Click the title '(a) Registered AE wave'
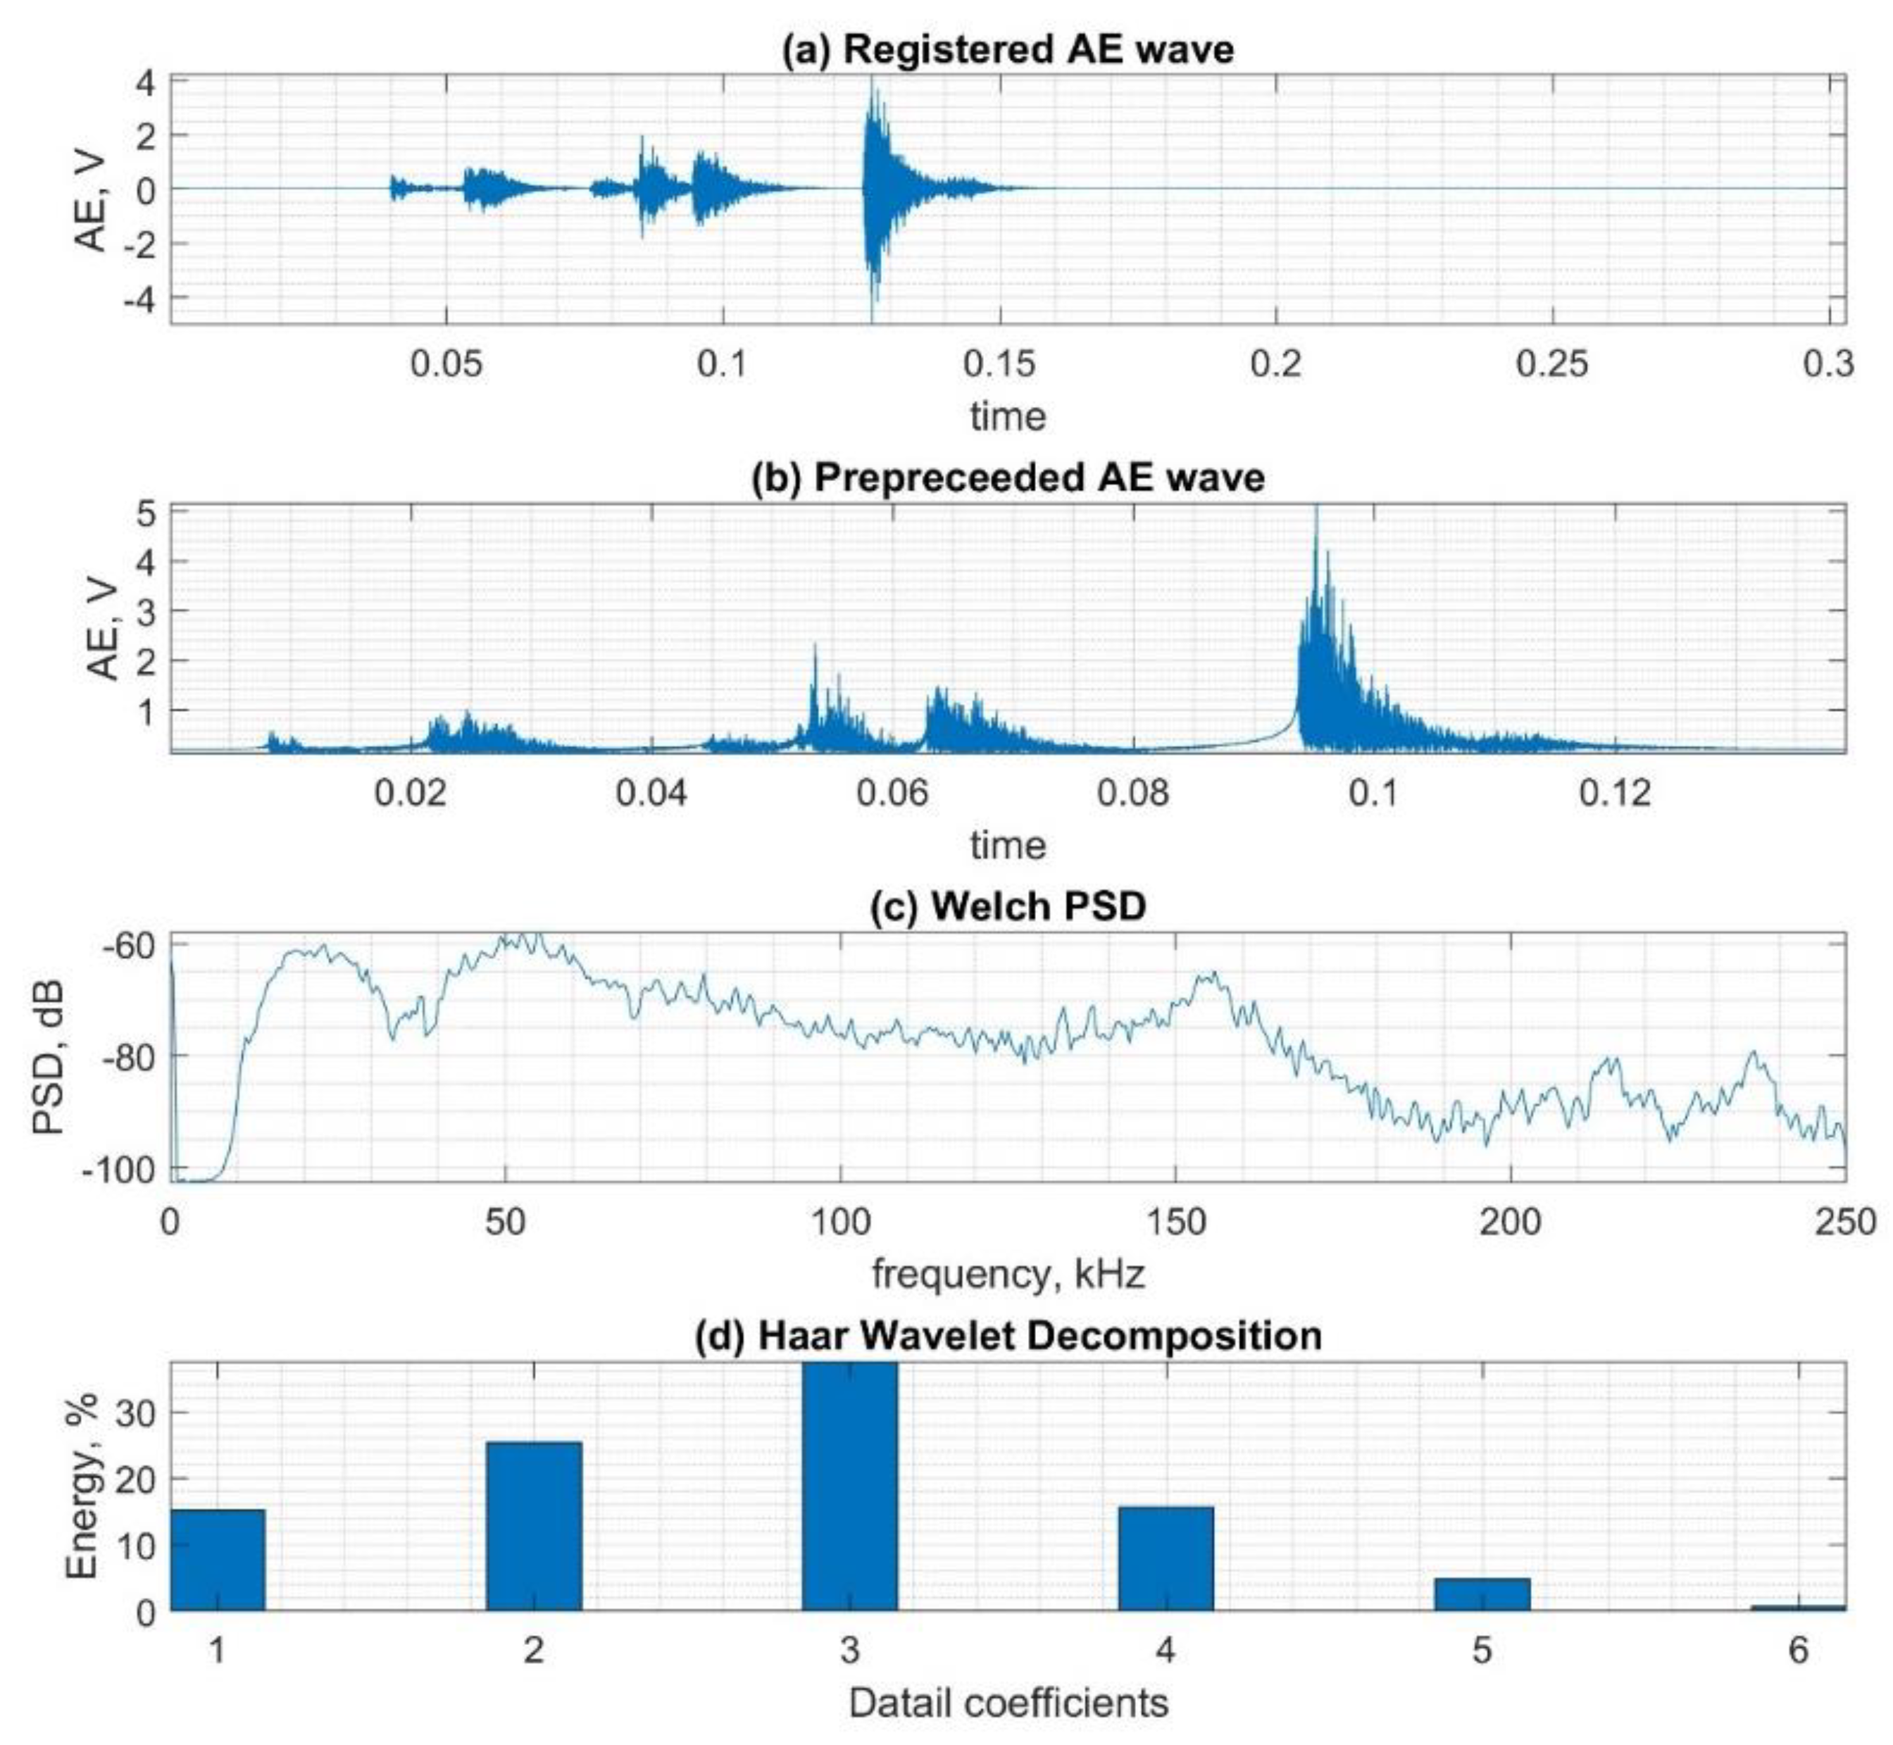pyautogui.click(x=1007, y=49)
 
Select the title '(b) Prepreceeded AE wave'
pyautogui.click(x=1007, y=477)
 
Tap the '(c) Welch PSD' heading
pyautogui.click(x=1007, y=906)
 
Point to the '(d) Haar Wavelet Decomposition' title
pyautogui.click(x=1007, y=1336)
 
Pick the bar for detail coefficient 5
pyautogui.click(x=1481, y=1595)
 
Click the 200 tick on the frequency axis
pyautogui.click(x=1510, y=1222)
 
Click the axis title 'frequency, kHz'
pyautogui.click(x=1007, y=1274)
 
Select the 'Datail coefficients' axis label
pyautogui.click(x=1007, y=1703)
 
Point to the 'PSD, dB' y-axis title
pyautogui.click(x=47, y=1058)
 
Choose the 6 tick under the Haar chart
pyautogui.click(x=1798, y=1651)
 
